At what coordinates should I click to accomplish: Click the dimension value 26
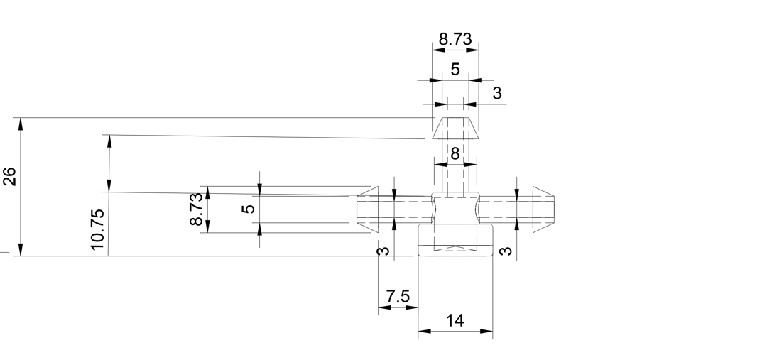(x=10, y=177)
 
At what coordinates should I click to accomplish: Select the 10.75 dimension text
(x=97, y=229)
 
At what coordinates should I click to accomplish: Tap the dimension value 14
(x=455, y=321)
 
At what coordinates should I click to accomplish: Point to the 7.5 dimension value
(x=398, y=296)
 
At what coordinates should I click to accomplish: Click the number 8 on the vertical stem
(x=455, y=153)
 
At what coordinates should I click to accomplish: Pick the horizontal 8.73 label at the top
(x=455, y=39)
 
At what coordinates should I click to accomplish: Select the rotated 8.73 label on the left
(x=196, y=209)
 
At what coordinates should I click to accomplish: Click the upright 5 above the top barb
(x=455, y=70)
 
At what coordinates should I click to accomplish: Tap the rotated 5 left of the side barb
(x=249, y=208)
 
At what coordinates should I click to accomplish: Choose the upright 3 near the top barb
(x=497, y=93)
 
